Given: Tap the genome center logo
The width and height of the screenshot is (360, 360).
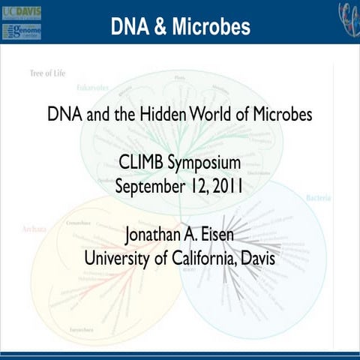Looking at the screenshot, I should (22, 31).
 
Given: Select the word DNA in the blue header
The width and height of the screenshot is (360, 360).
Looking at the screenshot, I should (127, 26).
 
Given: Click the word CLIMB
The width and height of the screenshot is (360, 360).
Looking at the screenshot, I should (142, 163).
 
